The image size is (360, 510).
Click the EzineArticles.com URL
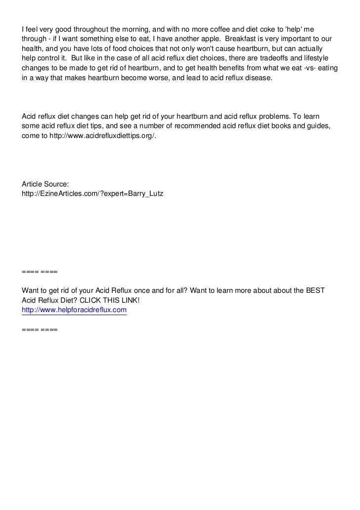[x=92, y=194]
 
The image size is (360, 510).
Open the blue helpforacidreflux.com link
[x=74, y=311]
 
